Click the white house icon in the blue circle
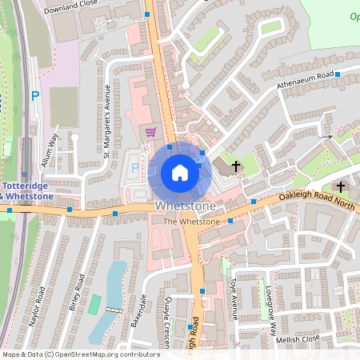tap(180, 172)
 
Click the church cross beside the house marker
tap(236, 166)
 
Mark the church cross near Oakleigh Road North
tap(341, 187)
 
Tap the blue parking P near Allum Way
tap(34, 96)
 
